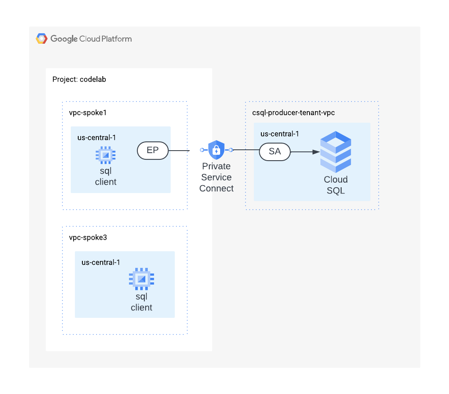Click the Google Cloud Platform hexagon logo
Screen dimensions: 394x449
tap(42, 39)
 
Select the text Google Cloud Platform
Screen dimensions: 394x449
tap(91, 39)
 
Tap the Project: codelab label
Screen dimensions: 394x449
tap(79, 79)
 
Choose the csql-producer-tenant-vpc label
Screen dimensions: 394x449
tap(293, 113)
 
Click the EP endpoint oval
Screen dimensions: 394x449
tap(153, 151)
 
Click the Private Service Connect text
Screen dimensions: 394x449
tap(216, 177)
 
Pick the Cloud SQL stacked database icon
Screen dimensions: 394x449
tap(335, 152)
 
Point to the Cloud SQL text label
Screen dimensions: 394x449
tap(336, 185)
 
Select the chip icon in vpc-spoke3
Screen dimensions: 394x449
tap(141, 279)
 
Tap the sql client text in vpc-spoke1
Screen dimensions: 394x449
tap(106, 176)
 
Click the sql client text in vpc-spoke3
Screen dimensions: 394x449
tap(141, 302)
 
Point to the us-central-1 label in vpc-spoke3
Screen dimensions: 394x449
tap(101, 262)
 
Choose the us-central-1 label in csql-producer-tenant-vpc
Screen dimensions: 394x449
tap(280, 134)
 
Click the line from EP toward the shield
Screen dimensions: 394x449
tap(179, 151)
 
